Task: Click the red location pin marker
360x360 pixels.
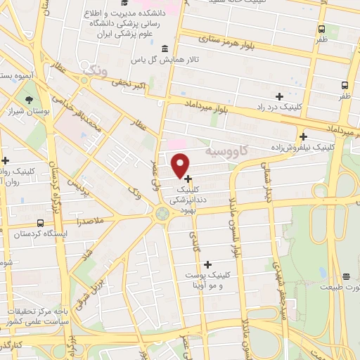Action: (181, 165)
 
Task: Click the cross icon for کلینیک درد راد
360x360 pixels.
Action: (279, 96)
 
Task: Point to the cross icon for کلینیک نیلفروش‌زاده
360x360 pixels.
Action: (303, 136)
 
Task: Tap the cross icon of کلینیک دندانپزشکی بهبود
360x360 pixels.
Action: (188, 179)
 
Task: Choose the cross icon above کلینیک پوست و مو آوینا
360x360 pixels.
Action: (207, 264)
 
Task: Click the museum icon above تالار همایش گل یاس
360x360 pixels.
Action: (164, 49)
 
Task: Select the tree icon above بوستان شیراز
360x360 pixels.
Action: (29, 100)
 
